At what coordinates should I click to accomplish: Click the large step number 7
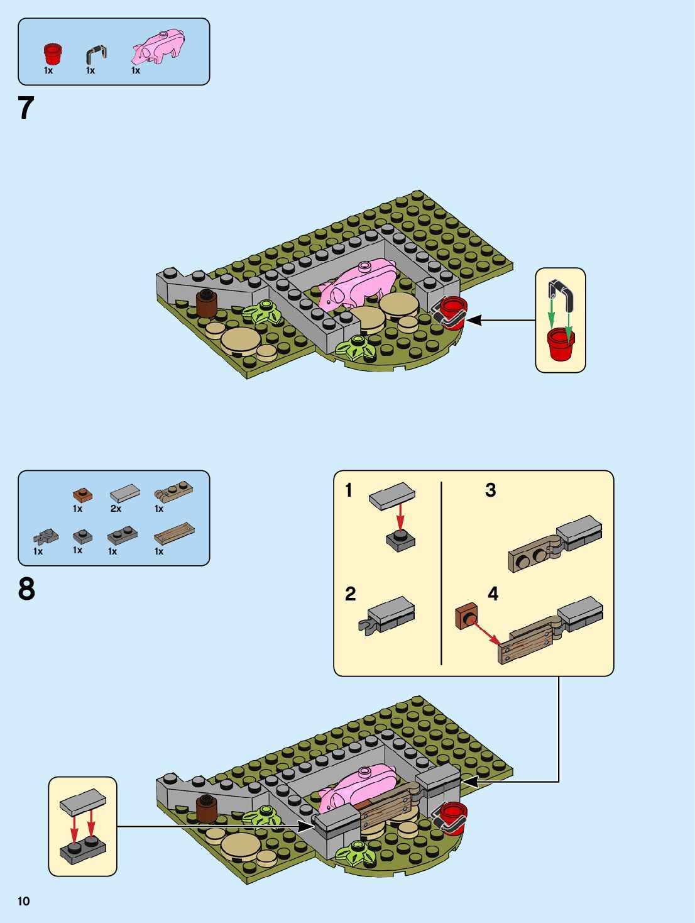(26, 108)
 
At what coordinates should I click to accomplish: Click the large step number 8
(26, 589)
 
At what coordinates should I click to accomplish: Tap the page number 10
(24, 901)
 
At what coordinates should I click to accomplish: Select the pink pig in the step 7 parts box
(158, 47)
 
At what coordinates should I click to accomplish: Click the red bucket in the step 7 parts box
(53, 53)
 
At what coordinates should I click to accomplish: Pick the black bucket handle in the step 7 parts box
(96, 55)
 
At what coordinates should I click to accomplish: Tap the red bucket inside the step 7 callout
(560, 343)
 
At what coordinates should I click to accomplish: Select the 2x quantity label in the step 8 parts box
(116, 509)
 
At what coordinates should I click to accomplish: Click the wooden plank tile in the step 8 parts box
(174, 534)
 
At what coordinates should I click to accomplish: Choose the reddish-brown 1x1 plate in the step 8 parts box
(82, 495)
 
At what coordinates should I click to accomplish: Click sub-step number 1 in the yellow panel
(349, 490)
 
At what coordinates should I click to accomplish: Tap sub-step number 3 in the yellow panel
(491, 490)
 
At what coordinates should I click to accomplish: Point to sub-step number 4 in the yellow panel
(493, 594)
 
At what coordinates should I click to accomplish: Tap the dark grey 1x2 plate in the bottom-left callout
(82, 851)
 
